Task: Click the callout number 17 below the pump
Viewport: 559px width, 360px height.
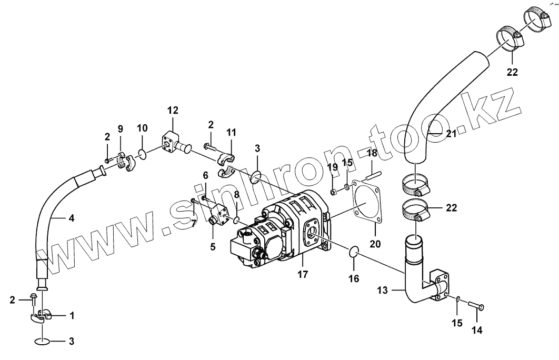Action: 303,274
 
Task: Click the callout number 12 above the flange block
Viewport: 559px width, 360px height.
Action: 173,110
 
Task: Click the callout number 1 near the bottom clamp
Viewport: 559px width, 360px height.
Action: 72,315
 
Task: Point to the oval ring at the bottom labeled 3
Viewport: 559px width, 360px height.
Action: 44,342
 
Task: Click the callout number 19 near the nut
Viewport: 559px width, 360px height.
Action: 333,167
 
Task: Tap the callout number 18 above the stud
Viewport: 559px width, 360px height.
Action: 372,153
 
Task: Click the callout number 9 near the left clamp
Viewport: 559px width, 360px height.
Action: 120,128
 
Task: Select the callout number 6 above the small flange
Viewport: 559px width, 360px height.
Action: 205,175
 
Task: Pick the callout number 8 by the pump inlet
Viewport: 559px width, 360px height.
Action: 236,194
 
